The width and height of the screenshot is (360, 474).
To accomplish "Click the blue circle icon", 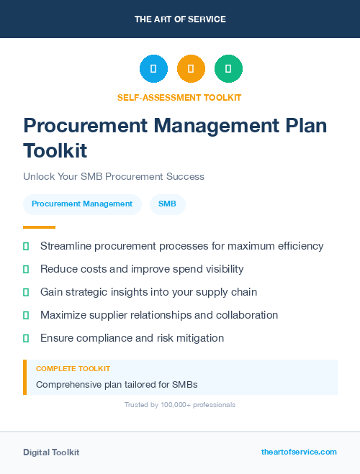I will point(153,69).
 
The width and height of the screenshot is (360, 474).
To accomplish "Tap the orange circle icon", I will point(191,69).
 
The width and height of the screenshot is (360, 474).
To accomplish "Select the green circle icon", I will point(228,69).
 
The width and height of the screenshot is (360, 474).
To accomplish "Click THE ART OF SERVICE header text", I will point(180,19).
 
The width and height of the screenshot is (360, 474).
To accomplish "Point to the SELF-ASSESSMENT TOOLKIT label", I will point(179,97).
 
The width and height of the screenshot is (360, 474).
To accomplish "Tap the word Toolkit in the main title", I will point(55,151).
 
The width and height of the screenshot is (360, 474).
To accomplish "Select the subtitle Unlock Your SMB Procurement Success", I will point(114,176).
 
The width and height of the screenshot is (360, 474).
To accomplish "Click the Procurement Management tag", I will point(82,204).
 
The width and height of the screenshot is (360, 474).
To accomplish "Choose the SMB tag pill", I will point(167,204).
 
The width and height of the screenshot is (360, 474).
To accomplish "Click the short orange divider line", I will point(39,227).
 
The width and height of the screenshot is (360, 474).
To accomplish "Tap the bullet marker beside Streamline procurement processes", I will point(26,246).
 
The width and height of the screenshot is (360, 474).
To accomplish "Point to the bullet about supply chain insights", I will point(148,292).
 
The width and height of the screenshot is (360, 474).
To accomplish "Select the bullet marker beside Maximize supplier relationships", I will point(26,315).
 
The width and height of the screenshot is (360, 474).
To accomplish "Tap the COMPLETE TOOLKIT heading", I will point(73,369).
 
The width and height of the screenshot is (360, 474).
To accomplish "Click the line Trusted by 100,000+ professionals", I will point(180,405).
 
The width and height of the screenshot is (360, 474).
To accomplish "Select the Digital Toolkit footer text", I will point(51,452).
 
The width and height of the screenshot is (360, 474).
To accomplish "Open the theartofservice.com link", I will point(299,452).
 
